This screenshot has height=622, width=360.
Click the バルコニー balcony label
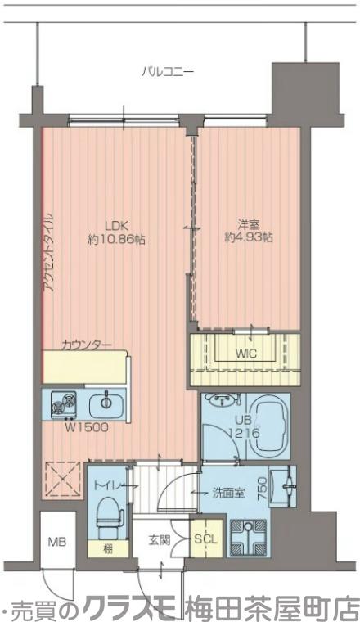pos(168,72)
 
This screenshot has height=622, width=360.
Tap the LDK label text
pos(115,226)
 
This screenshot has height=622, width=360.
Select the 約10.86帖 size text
pos(115,240)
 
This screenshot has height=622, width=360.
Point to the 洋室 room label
pos(249,225)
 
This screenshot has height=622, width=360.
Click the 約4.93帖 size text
pos(249,237)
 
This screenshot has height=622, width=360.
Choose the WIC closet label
pos(245,354)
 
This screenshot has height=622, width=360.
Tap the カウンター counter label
pos(86,345)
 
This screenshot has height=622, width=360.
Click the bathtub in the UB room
pos(267,426)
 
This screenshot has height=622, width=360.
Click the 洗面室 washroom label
pos(228,493)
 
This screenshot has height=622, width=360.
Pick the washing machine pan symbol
pos(248,539)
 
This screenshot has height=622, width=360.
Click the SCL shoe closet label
pos(206,539)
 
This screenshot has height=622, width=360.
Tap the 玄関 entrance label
pos(160,540)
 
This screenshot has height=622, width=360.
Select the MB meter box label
pos(57,542)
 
